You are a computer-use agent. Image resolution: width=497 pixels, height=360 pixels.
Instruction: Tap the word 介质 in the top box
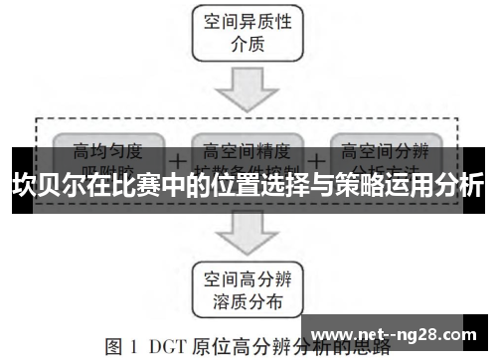[x=248, y=46]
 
